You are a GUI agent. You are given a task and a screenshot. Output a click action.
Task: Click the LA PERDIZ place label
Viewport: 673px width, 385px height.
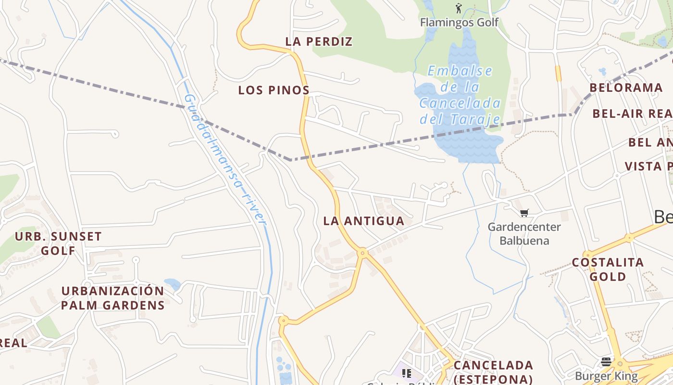[x=319, y=42]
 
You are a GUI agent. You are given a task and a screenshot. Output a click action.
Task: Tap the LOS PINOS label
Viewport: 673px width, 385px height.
[x=274, y=90]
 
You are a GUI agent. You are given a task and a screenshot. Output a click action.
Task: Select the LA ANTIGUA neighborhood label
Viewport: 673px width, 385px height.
[x=363, y=221]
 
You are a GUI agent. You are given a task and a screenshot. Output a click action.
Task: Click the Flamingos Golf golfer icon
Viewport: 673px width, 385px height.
[x=459, y=8]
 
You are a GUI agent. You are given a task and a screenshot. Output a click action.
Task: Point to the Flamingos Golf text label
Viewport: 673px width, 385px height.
[x=459, y=23]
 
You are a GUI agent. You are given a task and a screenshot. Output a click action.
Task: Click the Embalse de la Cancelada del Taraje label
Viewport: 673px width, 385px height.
[x=460, y=95]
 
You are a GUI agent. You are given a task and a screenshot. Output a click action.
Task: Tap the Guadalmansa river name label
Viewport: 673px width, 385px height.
[x=225, y=159]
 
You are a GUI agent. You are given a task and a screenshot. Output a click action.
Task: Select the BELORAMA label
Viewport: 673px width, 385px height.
[x=626, y=88]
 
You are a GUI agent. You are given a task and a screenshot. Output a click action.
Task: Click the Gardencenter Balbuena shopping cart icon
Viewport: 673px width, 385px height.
[x=524, y=213]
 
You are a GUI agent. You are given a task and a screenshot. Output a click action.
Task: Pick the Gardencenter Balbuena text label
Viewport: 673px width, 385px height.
[x=524, y=233]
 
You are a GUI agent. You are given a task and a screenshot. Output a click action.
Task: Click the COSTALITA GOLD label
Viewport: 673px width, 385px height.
[x=608, y=269]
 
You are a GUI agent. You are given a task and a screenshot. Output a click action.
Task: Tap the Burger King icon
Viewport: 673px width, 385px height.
[x=606, y=361]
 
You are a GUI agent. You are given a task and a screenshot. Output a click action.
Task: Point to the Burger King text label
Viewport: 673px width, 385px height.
[x=606, y=376]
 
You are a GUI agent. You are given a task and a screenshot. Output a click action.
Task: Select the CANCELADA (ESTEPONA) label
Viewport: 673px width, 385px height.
[x=493, y=372]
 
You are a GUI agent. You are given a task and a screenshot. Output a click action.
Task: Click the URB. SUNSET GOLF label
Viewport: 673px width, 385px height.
[x=58, y=244]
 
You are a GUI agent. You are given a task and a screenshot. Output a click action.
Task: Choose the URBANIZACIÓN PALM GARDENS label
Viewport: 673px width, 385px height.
[x=112, y=298]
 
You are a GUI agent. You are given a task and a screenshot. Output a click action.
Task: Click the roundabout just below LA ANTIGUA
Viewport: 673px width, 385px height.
[x=363, y=252]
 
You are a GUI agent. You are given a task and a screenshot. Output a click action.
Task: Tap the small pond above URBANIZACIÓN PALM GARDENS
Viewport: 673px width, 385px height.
[x=172, y=283]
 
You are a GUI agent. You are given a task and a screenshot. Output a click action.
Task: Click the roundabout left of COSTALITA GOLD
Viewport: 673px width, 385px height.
[x=587, y=254]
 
